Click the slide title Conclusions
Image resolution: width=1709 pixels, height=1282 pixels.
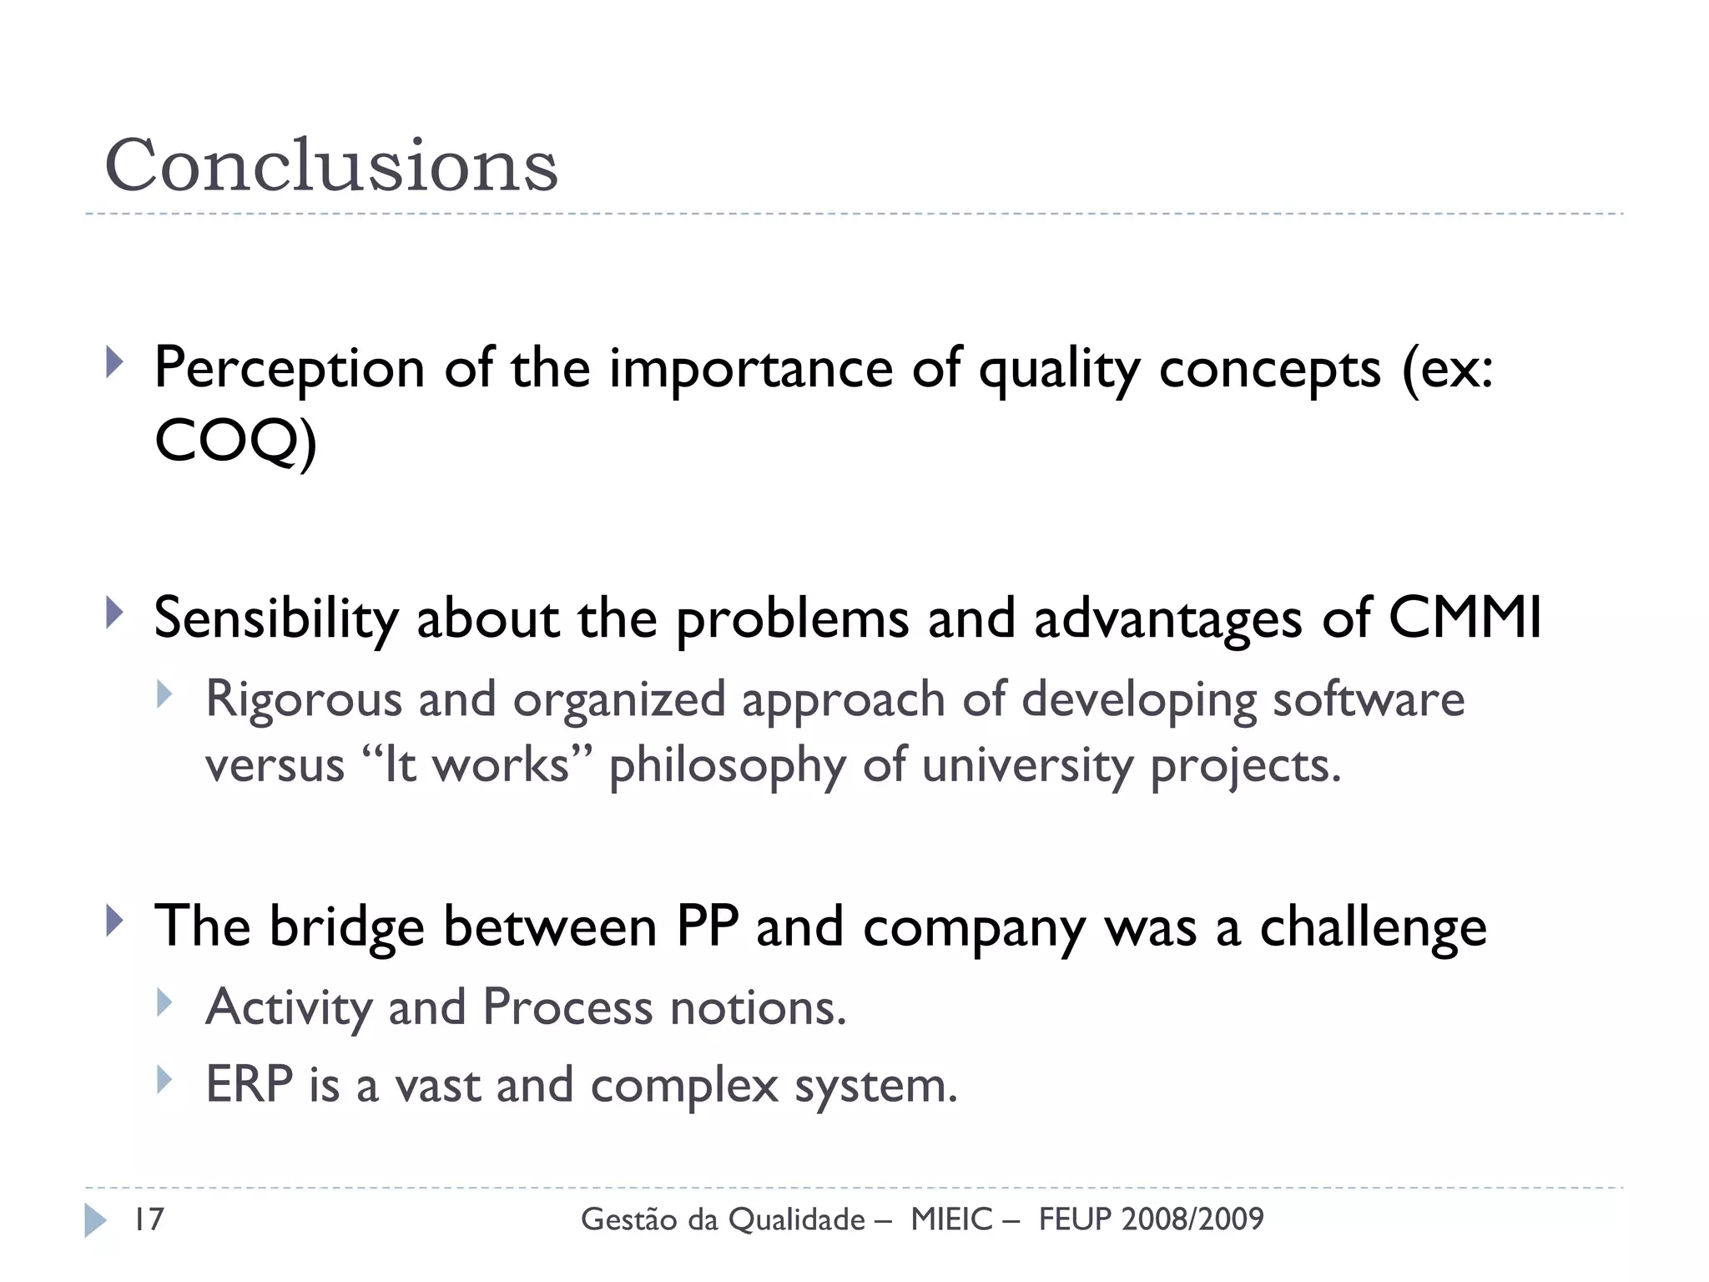coord(330,165)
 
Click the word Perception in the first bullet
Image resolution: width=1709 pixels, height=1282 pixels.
coord(290,369)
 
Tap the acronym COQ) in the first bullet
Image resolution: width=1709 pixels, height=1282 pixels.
coord(235,442)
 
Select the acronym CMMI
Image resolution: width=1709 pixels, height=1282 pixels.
coord(1464,619)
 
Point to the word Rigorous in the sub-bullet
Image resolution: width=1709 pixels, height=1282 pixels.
coord(304,699)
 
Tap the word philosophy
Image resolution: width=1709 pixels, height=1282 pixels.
coord(727,766)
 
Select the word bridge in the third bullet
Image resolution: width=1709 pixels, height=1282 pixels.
coord(346,928)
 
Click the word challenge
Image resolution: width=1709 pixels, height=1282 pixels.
coord(1373,928)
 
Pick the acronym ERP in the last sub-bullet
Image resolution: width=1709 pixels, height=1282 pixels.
coord(249,1085)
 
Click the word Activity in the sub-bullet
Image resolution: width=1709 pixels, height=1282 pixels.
coord(289,1008)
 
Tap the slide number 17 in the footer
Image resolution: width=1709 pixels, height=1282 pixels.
coord(149,1219)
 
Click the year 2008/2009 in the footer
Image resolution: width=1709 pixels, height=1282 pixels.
coord(1192,1219)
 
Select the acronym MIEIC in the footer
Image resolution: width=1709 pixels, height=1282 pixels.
coord(952,1219)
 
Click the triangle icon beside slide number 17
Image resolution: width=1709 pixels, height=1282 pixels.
coord(95,1220)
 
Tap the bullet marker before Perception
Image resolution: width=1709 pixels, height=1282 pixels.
coord(115,363)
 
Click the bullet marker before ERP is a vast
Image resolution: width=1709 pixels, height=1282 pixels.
coord(164,1080)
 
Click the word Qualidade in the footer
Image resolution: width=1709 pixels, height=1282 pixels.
coord(797,1220)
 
